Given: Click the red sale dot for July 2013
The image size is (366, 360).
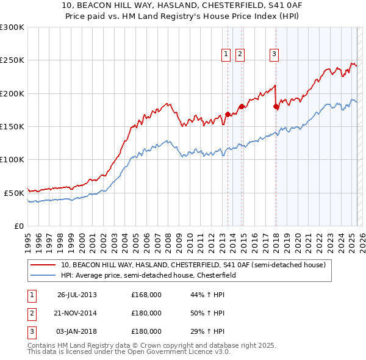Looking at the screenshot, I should [x=228, y=114].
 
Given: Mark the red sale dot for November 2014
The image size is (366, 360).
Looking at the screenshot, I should [x=242, y=106].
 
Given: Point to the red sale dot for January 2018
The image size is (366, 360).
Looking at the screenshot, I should [x=276, y=107].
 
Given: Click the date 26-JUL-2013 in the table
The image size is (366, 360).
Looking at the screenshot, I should [x=77, y=295].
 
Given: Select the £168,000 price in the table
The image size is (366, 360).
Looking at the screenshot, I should [x=146, y=295].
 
